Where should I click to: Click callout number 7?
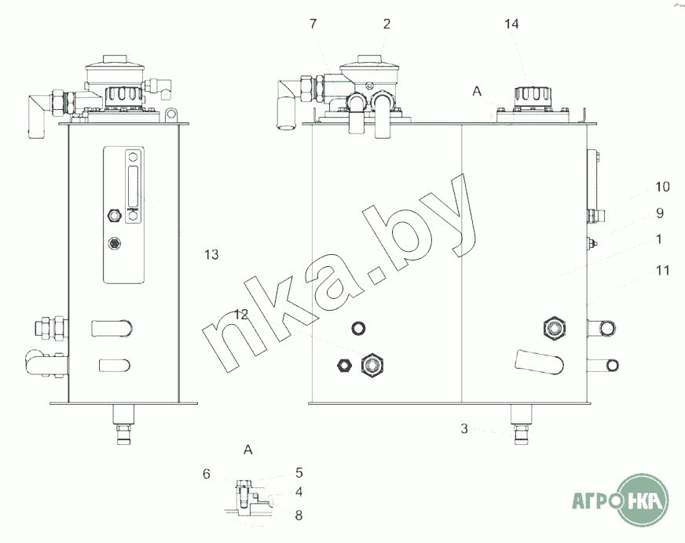pyautogui.click(x=313, y=24)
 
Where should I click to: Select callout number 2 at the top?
pyautogui.click(x=386, y=24)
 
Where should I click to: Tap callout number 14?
pyautogui.click(x=511, y=24)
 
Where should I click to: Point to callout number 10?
pyautogui.click(x=662, y=187)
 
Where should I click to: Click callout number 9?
pyautogui.click(x=660, y=213)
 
